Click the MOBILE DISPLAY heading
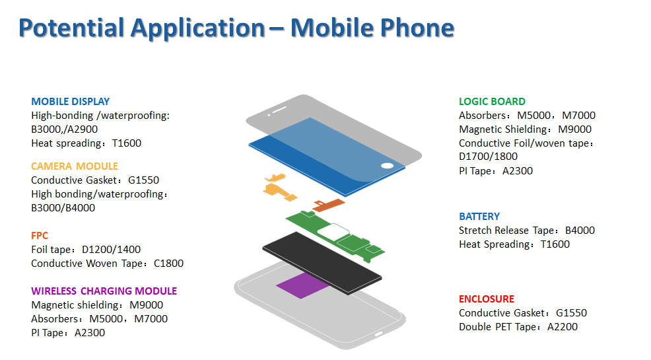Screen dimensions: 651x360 coord(70,101)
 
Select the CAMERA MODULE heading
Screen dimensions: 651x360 coord(75,166)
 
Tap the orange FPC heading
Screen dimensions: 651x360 coord(40,235)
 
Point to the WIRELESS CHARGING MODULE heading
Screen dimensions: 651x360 coord(104,291)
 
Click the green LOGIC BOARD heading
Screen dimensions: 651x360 coord(492,101)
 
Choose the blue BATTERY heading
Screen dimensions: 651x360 coord(479,217)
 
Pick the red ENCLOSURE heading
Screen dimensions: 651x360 coord(486,299)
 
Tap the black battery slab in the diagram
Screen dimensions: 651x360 coord(322,264)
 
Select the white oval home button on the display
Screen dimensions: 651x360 coord(387,166)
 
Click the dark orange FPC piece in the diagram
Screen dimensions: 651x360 coord(329,204)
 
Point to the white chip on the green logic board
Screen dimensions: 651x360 coord(333,232)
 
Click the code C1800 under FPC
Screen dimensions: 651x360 coord(168,264)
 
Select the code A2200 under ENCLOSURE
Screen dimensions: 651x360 coord(562,327)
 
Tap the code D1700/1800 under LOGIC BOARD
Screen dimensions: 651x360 coord(489,157)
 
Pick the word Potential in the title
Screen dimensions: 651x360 coord(71,28)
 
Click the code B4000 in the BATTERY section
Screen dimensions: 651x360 coord(580,231)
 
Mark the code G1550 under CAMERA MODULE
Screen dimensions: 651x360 coord(143,180)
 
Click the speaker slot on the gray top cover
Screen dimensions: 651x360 coord(279,110)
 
